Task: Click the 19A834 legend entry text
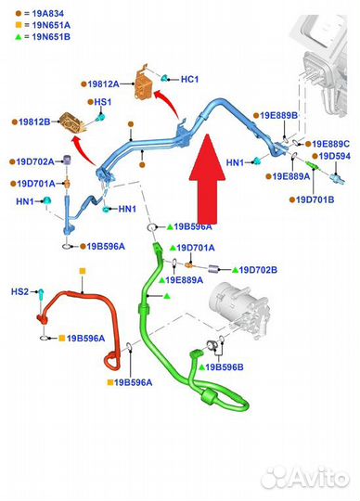pyautogui.click(x=47, y=13)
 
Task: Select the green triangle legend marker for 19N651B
pyautogui.click(x=19, y=37)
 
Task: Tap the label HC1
pyautogui.click(x=189, y=79)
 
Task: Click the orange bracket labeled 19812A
pyautogui.click(x=144, y=83)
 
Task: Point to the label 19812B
pyautogui.click(x=34, y=122)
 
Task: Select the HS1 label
pyautogui.click(x=103, y=102)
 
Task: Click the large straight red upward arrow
pyautogui.click(x=207, y=179)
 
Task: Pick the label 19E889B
pyautogui.click(x=278, y=115)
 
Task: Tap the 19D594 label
pyautogui.click(x=334, y=156)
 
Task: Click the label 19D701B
pyautogui.click(x=315, y=199)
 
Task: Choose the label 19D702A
pyautogui.click(x=35, y=161)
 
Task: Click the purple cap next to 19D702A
pyautogui.click(x=67, y=161)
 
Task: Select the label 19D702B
pyautogui.click(x=258, y=270)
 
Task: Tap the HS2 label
pyautogui.click(x=19, y=291)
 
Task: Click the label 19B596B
pyautogui.click(x=225, y=367)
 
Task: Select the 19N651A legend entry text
pyautogui.click(x=51, y=25)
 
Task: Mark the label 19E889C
pyautogui.click(x=330, y=144)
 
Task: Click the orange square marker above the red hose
pyautogui.click(x=83, y=271)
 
